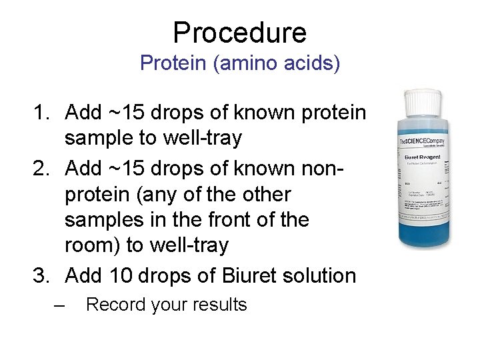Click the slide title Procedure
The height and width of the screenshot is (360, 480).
coord(239,32)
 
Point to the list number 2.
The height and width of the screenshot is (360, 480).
coord(41,169)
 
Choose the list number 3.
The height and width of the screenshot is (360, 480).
coord(41,275)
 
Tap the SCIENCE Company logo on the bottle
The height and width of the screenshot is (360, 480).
coord(421,143)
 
